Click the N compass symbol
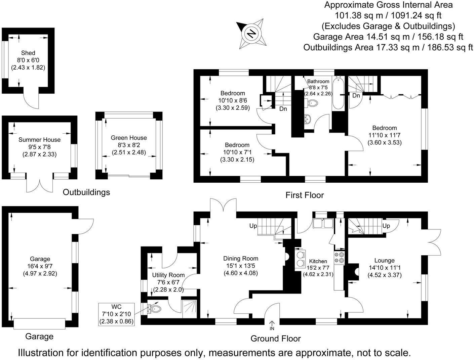[251, 34]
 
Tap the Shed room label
[28, 53]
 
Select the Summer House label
[39, 140]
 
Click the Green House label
[129, 138]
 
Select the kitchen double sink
[322, 224]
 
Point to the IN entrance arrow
[272, 325]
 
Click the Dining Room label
[241, 258]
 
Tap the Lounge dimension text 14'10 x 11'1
[385, 268]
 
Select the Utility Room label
[168, 275]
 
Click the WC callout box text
[116, 314]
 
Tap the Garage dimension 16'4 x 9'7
[40, 266]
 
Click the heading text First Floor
[305, 195]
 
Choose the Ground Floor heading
[276, 339]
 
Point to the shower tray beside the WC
[189, 309]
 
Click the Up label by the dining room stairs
[253, 226]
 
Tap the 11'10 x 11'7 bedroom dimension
[385, 135]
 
